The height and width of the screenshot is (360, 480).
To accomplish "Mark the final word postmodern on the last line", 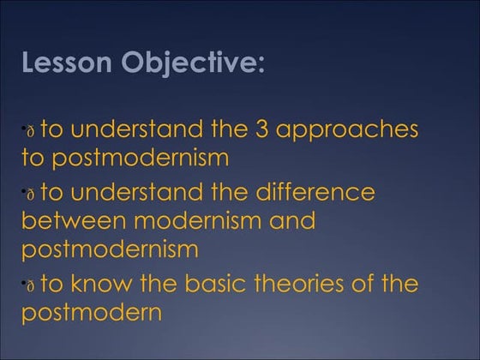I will [92, 313].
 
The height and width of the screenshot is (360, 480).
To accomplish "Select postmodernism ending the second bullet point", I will [109, 250].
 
